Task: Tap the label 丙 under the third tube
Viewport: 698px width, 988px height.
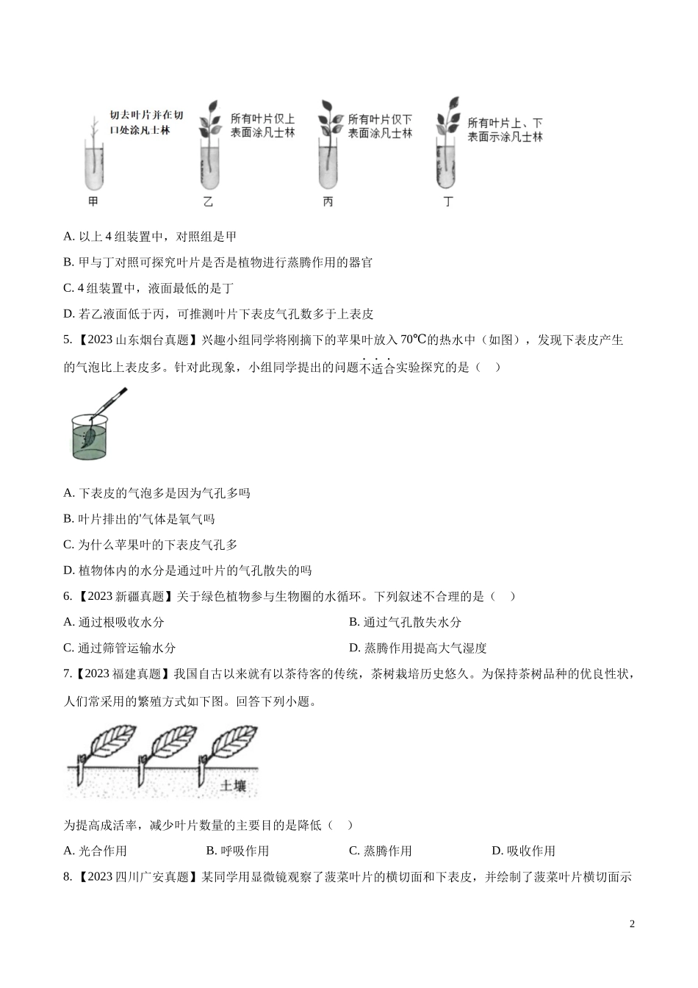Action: coord(328,201)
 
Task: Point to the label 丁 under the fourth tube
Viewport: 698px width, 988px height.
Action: coord(448,201)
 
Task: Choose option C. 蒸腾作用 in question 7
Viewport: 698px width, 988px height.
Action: coord(380,851)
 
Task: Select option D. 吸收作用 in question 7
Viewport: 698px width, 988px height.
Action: coord(523,851)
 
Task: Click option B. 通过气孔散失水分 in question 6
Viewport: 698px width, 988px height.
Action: coord(405,622)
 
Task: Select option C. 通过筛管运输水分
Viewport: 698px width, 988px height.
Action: coord(120,648)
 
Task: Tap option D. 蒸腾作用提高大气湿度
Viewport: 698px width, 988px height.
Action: coord(417,648)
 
